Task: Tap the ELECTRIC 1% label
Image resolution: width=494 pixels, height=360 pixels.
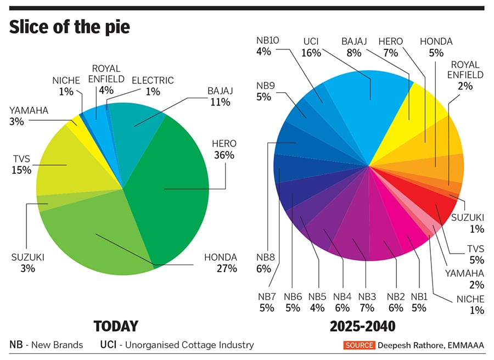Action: (x=153, y=86)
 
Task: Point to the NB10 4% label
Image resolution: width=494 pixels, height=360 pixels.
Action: (x=268, y=46)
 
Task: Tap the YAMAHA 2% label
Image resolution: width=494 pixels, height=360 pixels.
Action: (x=469, y=279)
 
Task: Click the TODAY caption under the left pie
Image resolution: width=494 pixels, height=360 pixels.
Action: (x=115, y=327)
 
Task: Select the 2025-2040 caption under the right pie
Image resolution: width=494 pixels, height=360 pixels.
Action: (x=362, y=327)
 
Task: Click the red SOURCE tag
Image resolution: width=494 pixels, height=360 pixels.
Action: (x=360, y=345)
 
